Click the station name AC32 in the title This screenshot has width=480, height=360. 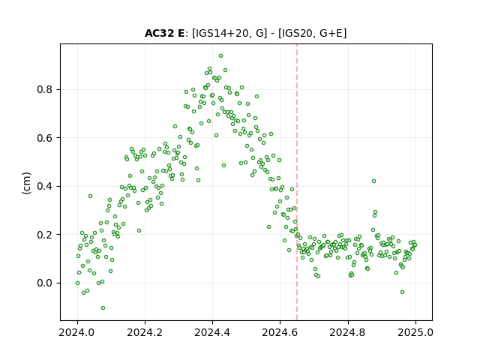click(159, 33)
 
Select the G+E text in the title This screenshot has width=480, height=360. click(331, 33)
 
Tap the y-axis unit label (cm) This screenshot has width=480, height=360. click(27, 183)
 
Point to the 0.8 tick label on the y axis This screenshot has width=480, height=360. click(44, 90)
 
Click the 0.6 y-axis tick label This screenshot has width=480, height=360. click(44, 138)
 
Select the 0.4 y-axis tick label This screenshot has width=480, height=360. click(44, 187)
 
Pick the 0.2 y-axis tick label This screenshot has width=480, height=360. click(44, 235)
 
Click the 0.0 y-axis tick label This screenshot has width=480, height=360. click(44, 283)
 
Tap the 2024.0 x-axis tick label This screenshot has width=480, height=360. click(77, 332)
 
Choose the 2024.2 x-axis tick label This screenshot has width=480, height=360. click(145, 332)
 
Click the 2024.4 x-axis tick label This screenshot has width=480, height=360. click(212, 332)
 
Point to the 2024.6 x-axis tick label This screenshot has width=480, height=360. click(280, 332)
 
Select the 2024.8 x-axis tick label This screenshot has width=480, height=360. click(347, 332)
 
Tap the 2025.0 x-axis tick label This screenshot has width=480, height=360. click(415, 332)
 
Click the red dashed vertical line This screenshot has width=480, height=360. click(297, 182)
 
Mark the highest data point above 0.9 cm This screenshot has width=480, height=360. click(220, 56)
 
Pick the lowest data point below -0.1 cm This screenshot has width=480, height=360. click(103, 308)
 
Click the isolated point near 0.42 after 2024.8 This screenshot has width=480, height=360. click(373, 181)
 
